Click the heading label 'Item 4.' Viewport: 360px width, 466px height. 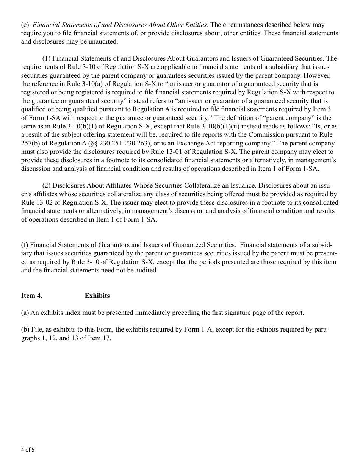tap(31, 296)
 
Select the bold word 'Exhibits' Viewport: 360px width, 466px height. tap(97, 296)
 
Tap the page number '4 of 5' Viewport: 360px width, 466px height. tap(28, 450)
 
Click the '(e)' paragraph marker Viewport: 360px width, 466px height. tap(25, 25)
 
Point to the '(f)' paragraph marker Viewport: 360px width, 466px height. tap(25, 246)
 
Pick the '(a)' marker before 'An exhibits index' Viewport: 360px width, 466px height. tap(25, 313)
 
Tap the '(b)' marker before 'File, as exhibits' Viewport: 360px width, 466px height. tap(25, 330)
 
